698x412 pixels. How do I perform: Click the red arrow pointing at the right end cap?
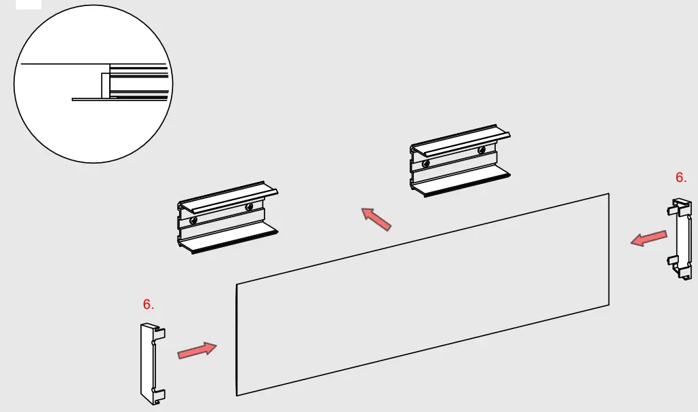click(x=648, y=238)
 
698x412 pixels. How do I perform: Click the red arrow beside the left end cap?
click(x=197, y=351)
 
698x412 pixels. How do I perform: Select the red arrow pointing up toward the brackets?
click(x=376, y=219)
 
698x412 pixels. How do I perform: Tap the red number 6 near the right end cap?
click(x=681, y=178)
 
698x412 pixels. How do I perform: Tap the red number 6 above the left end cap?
click(x=149, y=305)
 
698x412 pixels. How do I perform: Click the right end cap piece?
click(x=682, y=238)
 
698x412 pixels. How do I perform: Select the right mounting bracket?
click(x=459, y=162)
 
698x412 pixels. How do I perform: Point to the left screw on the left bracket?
click(x=194, y=220)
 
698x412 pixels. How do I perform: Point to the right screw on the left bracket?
click(x=250, y=206)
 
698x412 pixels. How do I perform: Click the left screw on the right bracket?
click(x=425, y=163)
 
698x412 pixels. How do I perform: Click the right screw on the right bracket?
click(x=481, y=150)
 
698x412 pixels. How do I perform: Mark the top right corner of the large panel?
click(x=608, y=194)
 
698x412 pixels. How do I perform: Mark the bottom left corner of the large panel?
click(x=237, y=395)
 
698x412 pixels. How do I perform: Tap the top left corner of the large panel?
click(x=237, y=284)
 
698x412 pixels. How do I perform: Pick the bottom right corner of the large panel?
click(x=608, y=305)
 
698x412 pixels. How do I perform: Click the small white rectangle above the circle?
click(x=28, y=4)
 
